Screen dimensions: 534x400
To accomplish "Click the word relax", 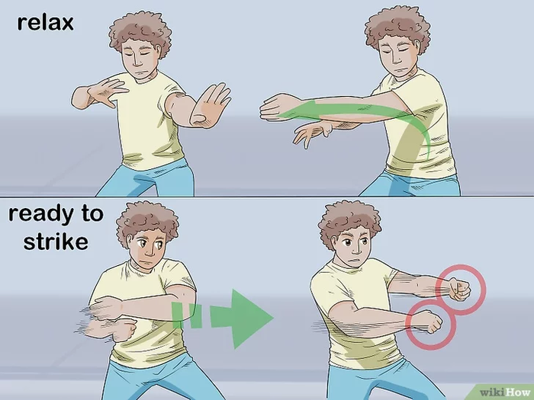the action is coord(45,22).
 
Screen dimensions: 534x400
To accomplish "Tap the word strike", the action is coord(56,242).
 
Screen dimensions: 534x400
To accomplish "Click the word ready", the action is coord(40,215).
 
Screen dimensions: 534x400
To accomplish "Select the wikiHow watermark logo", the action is coord(506,392).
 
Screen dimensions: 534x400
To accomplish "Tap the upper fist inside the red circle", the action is coord(458,290).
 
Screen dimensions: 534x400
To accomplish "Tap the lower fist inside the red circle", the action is coord(429,321).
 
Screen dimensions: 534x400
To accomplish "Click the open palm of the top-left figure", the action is coord(211,104).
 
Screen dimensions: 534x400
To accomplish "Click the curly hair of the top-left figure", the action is coord(140,31).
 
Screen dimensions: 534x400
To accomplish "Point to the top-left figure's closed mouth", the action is coord(139,72).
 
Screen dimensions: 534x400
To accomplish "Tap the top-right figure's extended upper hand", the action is coord(276,107).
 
